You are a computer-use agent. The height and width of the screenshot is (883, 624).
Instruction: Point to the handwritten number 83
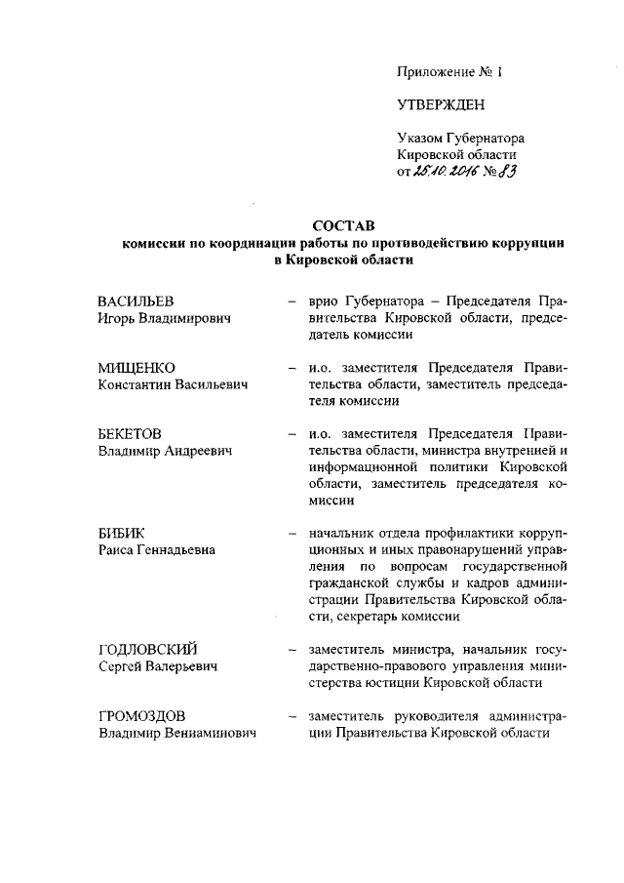pos(505,172)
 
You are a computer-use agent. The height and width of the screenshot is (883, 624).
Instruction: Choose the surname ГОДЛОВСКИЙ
pos(149,650)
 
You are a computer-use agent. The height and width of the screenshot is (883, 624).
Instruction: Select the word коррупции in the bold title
pos(529,244)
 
